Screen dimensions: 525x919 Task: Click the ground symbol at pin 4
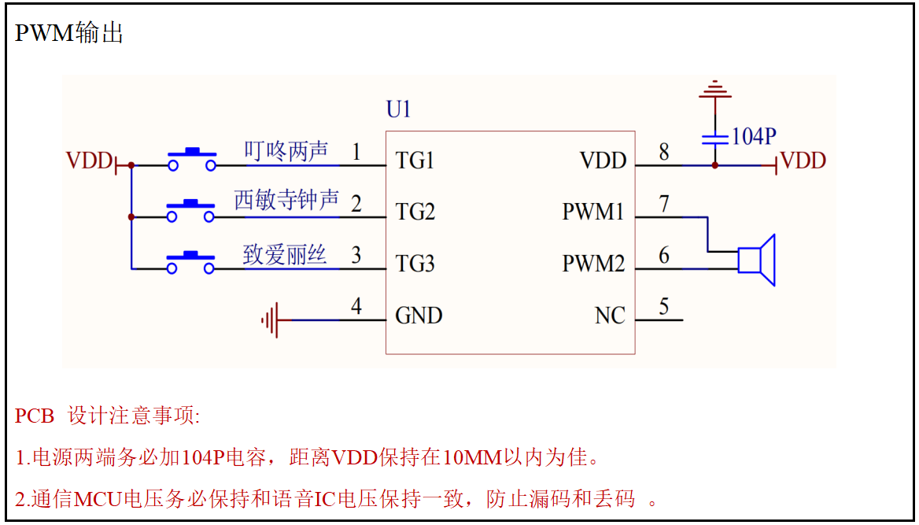tap(271, 320)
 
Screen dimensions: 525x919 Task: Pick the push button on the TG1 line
tap(192, 159)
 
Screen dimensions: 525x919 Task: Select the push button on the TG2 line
tap(191, 211)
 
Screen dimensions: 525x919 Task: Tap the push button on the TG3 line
tap(191, 263)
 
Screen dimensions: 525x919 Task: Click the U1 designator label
tap(399, 109)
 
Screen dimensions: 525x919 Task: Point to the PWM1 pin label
tap(593, 213)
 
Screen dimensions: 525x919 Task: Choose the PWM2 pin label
tap(593, 264)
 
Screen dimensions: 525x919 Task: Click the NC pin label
tap(610, 316)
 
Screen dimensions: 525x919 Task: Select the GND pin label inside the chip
tap(419, 316)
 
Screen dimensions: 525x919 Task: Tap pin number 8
tap(664, 152)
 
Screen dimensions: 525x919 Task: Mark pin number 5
tap(664, 307)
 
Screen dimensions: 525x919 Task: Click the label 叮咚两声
tap(286, 151)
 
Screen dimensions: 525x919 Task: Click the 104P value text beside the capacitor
tap(754, 137)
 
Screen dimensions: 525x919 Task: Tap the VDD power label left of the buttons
tap(90, 161)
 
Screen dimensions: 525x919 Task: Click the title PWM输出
tap(69, 33)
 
